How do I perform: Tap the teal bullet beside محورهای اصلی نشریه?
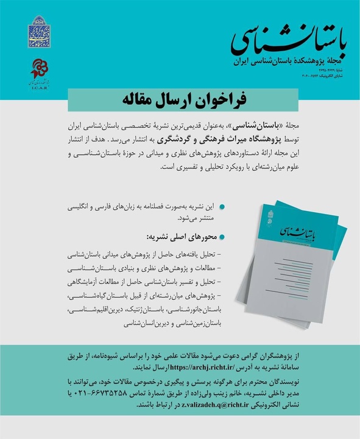coord(222,237)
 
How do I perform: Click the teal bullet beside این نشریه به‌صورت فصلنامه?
coord(222,207)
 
